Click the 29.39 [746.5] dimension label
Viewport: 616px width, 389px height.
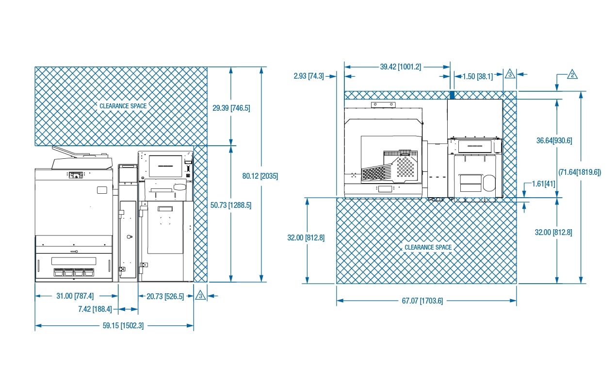click(231, 108)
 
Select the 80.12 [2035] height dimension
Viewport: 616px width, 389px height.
click(260, 176)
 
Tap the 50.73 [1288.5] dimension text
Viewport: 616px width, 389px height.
click(231, 205)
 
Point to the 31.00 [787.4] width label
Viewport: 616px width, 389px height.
click(75, 296)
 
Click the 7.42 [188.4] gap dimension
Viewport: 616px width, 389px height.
click(95, 309)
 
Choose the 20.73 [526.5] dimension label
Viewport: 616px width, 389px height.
click(165, 297)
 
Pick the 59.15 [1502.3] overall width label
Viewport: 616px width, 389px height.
click(123, 326)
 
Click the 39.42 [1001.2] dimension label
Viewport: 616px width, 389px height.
click(401, 67)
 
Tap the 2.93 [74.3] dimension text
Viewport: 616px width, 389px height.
click(309, 76)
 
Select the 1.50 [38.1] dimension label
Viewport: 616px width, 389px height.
click(478, 76)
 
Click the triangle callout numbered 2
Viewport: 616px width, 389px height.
click(572, 75)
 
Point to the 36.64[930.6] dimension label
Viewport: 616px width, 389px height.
click(554, 141)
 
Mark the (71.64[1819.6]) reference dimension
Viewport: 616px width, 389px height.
click(580, 172)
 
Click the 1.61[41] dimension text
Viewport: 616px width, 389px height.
click(543, 184)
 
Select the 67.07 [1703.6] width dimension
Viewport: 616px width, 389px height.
click(422, 301)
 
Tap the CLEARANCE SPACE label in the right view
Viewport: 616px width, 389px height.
click(428, 247)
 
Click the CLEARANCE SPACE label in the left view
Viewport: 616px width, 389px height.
click(123, 106)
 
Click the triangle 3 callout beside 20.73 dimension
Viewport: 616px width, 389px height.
click(200, 295)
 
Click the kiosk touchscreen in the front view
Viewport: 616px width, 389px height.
click(165, 166)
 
